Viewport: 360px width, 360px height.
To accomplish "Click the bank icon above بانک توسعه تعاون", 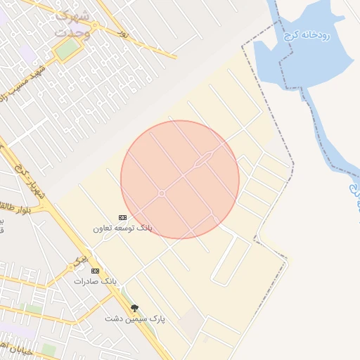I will pyautogui.click(x=122, y=217).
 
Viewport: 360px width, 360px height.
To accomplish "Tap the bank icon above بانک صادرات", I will pyautogui.click(x=95, y=271).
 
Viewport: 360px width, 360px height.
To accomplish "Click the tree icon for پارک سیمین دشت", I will pyautogui.click(x=134, y=307).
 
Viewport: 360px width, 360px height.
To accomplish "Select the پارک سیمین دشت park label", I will pyautogui.click(x=135, y=319).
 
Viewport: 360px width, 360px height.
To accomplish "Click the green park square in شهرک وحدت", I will pyautogui.click(x=68, y=49).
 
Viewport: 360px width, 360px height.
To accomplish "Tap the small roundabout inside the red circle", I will pyautogui.click(x=162, y=193).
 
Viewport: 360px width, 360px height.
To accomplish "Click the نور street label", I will pyautogui.click(x=124, y=33).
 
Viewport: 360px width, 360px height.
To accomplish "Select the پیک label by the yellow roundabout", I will pyautogui.click(x=82, y=259).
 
